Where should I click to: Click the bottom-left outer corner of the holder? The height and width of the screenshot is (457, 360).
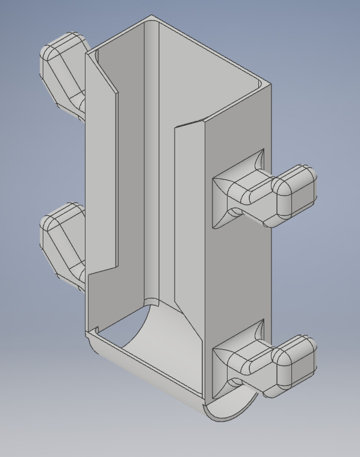pos(89,335)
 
